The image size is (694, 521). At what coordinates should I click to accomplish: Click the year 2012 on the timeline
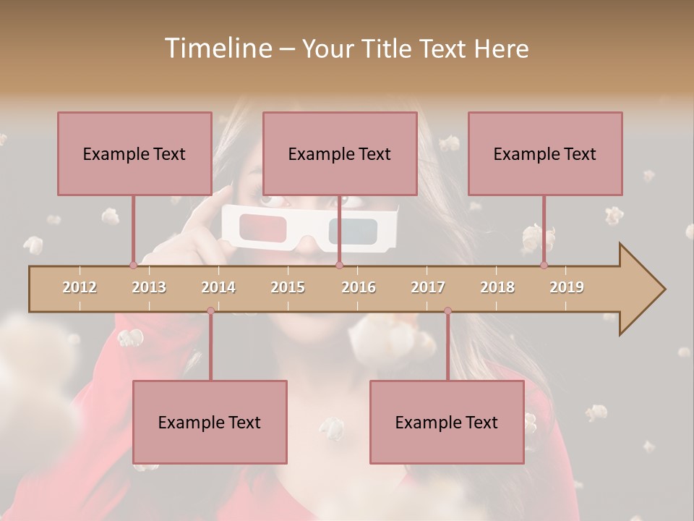(80, 287)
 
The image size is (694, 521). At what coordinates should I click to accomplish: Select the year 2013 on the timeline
(149, 287)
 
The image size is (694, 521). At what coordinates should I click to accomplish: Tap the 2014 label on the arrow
(218, 287)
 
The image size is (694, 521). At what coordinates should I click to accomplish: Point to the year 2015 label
(288, 287)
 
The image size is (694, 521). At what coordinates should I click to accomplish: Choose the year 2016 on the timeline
(359, 287)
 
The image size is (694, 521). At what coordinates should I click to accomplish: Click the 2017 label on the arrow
(428, 287)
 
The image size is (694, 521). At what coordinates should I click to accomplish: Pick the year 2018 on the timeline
(497, 287)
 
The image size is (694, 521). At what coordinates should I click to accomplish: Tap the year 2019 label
(567, 287)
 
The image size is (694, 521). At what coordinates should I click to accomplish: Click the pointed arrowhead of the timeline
(643, 289)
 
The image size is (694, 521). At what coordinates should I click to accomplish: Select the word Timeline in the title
(217, 48)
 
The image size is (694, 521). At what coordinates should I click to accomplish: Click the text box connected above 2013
(134, 153)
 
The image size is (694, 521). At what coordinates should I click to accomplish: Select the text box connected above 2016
(340, 153)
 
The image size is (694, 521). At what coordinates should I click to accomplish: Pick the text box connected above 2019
(545, 153)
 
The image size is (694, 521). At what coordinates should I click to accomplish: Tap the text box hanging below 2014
(210, 422)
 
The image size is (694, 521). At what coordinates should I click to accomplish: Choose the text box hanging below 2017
(447, 422)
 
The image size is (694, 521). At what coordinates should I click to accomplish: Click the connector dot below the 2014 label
(210, 310)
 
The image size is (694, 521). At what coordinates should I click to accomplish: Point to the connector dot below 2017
(447, 310)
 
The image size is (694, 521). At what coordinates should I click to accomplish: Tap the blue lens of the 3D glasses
(354, 230)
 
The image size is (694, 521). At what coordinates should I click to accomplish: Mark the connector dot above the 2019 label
(544, 266)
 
